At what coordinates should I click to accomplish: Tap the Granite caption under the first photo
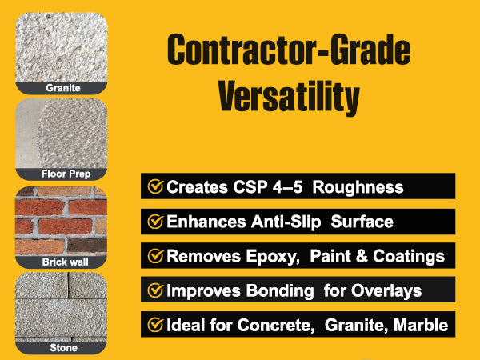tap(63, 88)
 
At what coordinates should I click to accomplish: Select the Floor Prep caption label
tap(66, 174)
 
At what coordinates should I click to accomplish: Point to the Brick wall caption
tap(66, 262)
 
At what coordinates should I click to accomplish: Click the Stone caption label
tap(64, 348)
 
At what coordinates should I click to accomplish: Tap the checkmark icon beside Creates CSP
tap(155, 186)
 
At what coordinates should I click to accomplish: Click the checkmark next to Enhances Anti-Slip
tap(155, 222)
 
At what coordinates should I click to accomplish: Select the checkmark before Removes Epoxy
tap(155, 256)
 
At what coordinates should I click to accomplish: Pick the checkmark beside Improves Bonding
tap(155, 290)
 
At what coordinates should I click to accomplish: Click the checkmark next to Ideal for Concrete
tap(155, 325)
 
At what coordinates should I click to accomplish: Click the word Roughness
tap(358, 186)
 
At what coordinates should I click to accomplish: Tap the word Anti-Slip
tap(286, 222)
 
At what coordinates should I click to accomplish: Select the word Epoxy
tap(273, 257)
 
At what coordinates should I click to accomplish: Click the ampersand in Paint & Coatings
tap(362, 256)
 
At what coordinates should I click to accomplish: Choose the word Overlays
tap(386, 291)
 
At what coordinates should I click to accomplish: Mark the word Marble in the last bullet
tap(421, 325)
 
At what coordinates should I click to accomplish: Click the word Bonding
tap(280, 291)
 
